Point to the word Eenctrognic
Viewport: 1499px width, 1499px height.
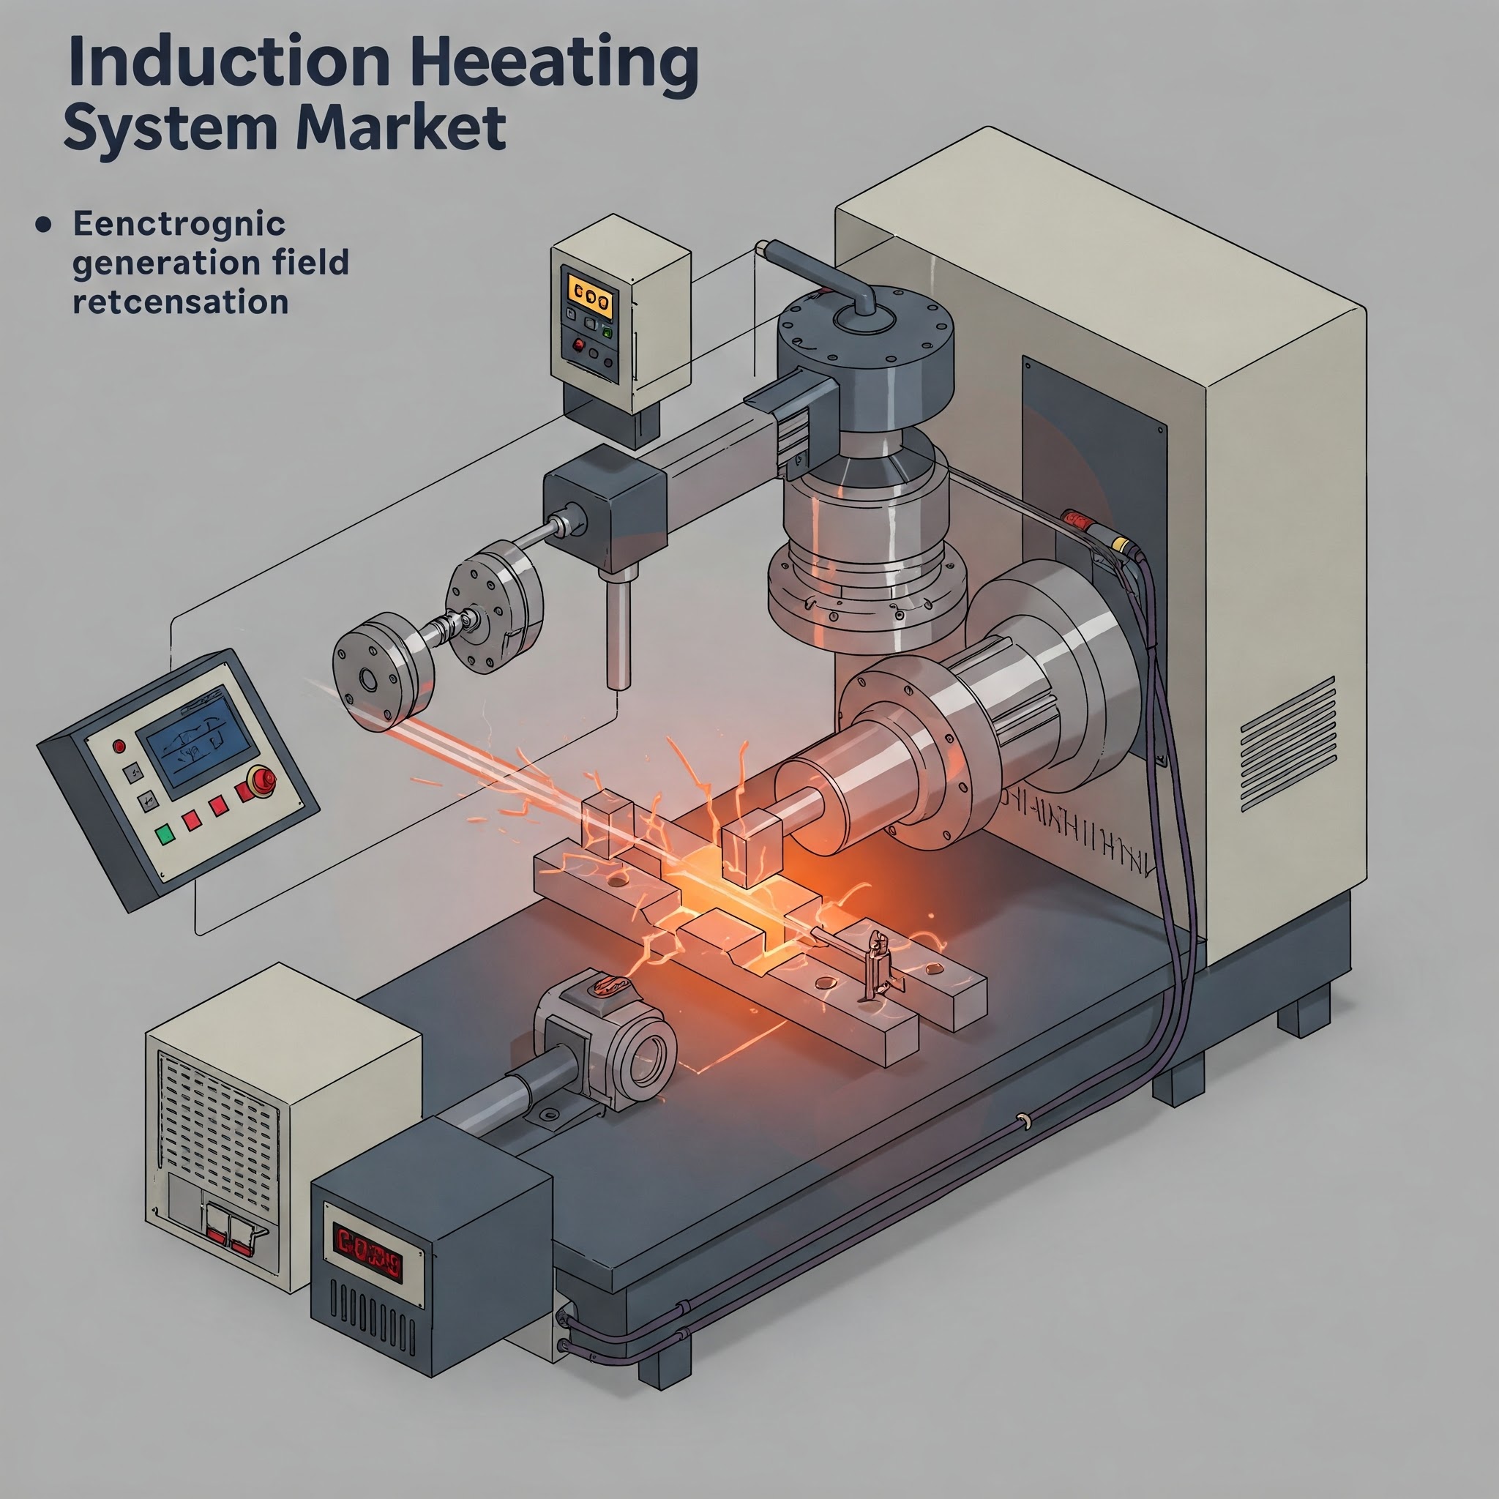pos(179,224)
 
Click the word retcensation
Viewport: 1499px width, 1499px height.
pos(180,302)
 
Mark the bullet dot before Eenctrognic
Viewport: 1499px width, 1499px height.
pos(44,225)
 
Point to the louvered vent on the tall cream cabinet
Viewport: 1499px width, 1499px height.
pos(1288,744)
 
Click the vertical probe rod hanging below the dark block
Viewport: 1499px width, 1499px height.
pos(619,633)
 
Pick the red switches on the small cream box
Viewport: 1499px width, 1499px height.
pos(230,1235)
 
